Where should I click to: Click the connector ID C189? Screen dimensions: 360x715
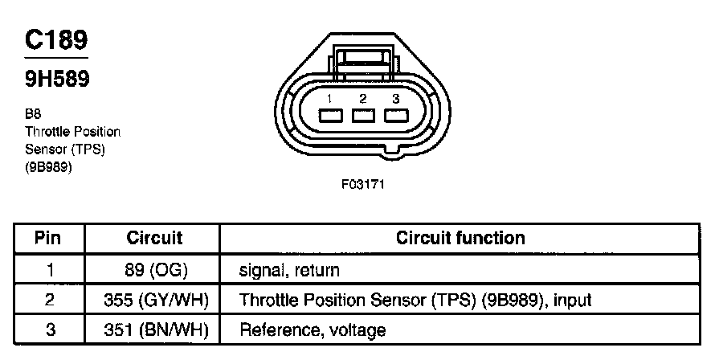point(56,39)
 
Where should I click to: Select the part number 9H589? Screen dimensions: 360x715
point(55,80)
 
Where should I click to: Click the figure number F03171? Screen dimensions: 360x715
point(364,184)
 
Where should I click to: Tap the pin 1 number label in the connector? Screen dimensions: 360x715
point(329,98)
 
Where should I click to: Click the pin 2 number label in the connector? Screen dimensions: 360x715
point(363,98)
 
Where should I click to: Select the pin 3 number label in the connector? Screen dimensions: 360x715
point(395,98)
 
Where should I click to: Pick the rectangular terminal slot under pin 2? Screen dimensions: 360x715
point(364,115)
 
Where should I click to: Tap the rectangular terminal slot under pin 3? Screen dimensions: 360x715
point(396,115)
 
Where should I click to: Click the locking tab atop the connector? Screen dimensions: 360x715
point(364,58)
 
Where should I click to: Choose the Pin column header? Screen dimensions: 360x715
point(49,238)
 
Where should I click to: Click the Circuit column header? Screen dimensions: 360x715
point(155,238)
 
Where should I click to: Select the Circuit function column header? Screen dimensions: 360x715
point(460,238)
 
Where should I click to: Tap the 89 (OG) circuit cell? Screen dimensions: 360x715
point(155,270)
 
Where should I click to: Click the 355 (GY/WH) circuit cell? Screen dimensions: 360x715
point(155,300)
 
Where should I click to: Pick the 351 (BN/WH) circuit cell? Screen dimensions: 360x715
point(155,329)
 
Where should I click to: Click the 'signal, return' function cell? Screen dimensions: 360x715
point(290,270)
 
